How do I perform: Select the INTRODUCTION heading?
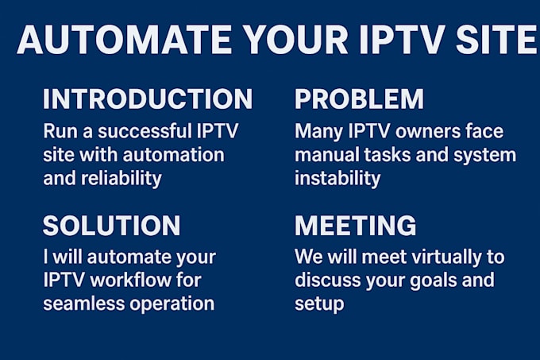(148, 99)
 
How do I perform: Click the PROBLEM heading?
(359, 99)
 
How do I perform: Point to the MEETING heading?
(355, 226)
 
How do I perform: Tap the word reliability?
(121, 178)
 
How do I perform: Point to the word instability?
(337, 178)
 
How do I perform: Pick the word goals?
(433, 281)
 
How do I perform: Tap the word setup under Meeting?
(319, 304)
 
